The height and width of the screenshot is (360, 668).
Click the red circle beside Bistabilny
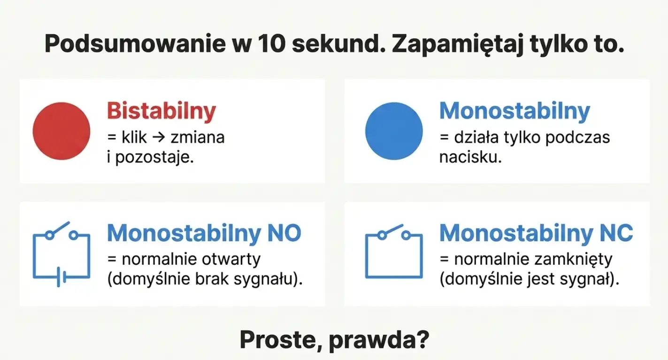coord(61,130)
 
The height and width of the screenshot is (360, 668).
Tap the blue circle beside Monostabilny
coord(394,130)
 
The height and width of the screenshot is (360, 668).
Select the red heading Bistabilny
coord(161,111)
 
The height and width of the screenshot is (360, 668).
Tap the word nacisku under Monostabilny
coord(470,157)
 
